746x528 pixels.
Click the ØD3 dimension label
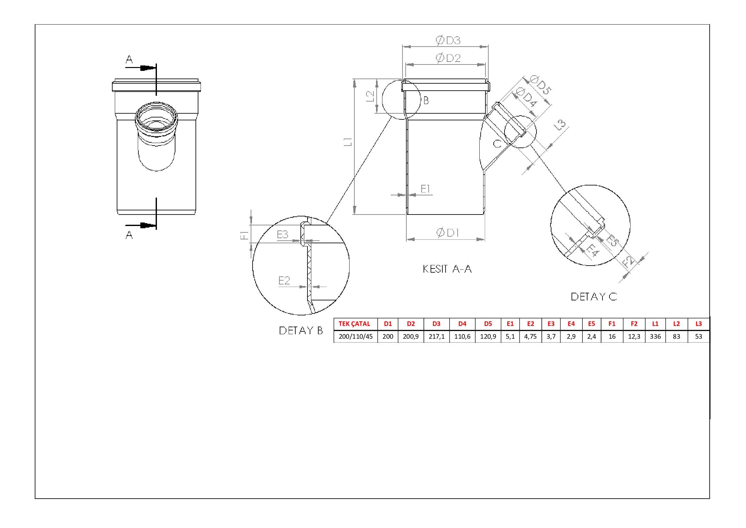click(x=448, y=40)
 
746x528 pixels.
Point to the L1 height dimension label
click(x=348, y=142)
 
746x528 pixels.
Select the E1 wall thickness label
click(x=425, y=189)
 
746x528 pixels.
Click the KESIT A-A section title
click(x=447, y=269)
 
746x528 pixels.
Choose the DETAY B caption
click(x=301, y=330)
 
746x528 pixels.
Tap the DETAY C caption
click(x=594, y=297)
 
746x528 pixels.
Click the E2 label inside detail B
click(x=284, y=280)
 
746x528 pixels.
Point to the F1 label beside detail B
click(x=244, y=235)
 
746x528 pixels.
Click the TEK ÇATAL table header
click(x=354, y=324)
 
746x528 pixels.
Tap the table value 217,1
click(x=436, y=336)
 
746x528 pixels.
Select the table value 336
click(x=655, y=336)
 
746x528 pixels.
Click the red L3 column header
click(x=698, y=324)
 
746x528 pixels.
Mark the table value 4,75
click(x=530, y=336)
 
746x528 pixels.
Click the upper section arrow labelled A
click(x=140, y=68)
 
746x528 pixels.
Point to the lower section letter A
click(x=129, y=235)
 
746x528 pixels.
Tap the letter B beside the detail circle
click(x=426, y=101)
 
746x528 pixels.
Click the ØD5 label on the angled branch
click(x=540, y=85)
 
